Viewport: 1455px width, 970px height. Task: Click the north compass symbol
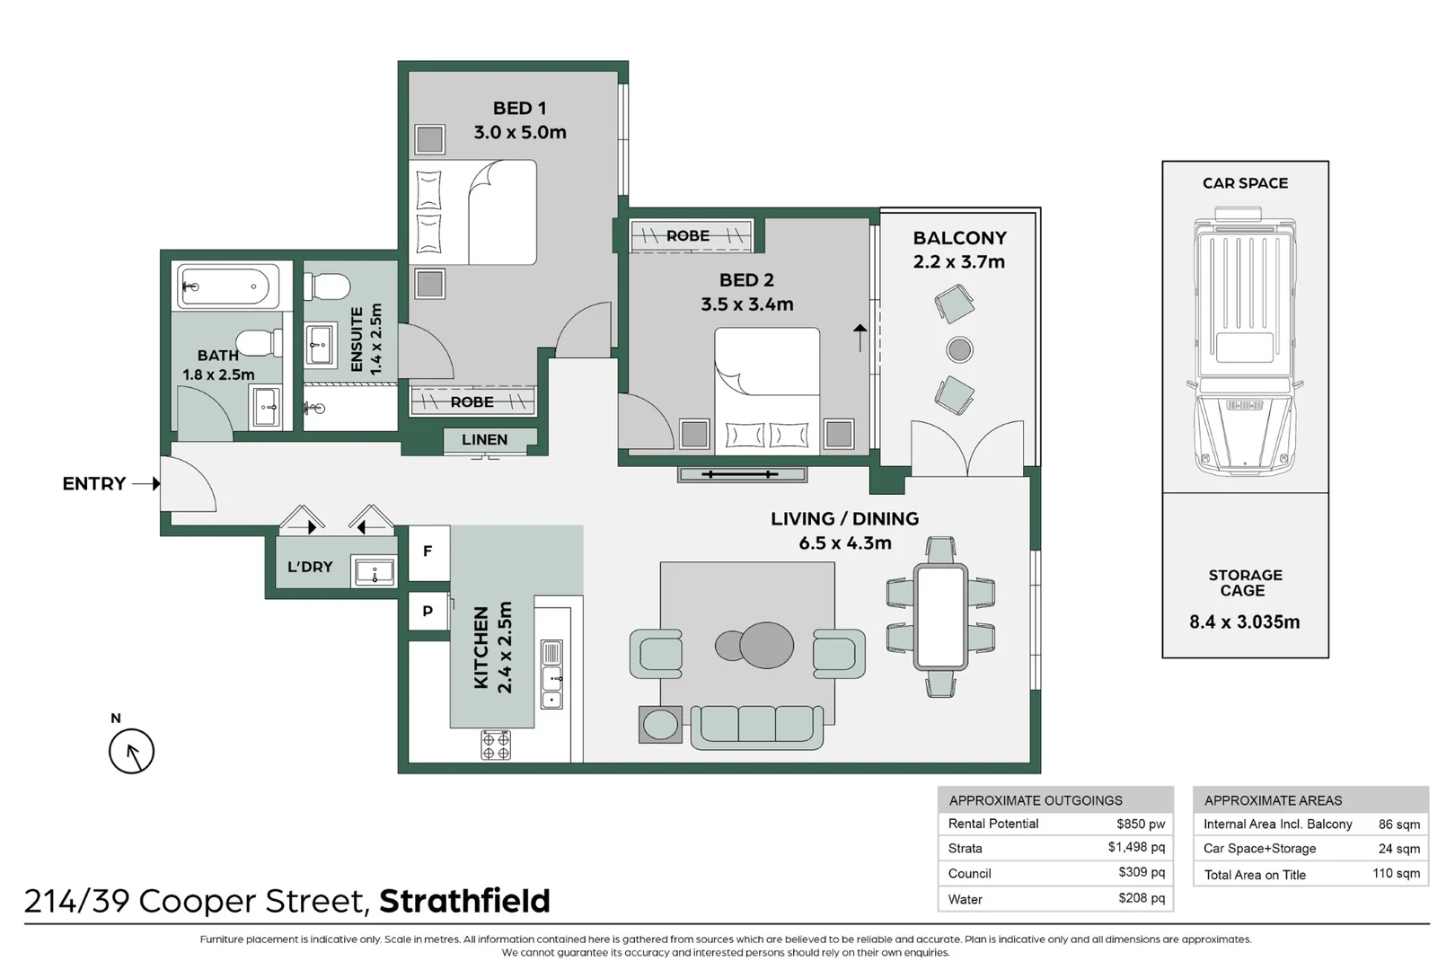coord(131,752)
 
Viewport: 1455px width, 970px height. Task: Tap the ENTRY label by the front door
coord(93,484)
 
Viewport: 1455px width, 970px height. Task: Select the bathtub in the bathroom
coord(222,287)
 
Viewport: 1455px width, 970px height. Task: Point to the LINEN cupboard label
coord(484,440)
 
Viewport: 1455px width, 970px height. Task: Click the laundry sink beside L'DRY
coord(375,571)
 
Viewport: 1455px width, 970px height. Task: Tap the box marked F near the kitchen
coord(428,551)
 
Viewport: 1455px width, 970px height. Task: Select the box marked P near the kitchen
coord(428,612)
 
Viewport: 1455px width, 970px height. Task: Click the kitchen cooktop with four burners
coord(496,745)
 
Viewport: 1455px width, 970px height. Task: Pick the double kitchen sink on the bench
coord(551,675)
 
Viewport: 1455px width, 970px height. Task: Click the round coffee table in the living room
coord(765,644)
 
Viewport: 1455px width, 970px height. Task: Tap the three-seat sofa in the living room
coord(756,726)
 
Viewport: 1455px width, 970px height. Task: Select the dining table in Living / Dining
coord(940,616)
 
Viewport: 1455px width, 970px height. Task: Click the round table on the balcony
coord(959,349)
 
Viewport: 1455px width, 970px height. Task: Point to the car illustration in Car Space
coord(1245,341)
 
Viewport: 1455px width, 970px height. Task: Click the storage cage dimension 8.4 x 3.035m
coord(1244,622)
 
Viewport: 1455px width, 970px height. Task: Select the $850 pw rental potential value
coord(1140,824)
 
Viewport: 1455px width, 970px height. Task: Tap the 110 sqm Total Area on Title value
coord(1396,874)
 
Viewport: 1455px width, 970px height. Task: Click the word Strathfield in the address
coord(464,901)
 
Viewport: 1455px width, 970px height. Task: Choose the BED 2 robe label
coord(688,236)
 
